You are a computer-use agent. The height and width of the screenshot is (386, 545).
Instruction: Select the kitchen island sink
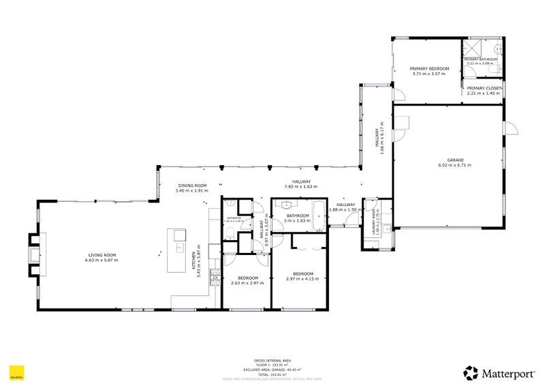point(179,235)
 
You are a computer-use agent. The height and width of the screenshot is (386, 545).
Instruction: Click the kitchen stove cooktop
point(215,276)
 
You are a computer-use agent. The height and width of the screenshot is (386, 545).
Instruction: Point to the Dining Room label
point(191,185)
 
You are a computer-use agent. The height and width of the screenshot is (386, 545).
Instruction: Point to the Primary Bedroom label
point(429,69)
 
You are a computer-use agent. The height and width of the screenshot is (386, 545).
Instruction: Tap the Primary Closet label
point(484,88)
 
